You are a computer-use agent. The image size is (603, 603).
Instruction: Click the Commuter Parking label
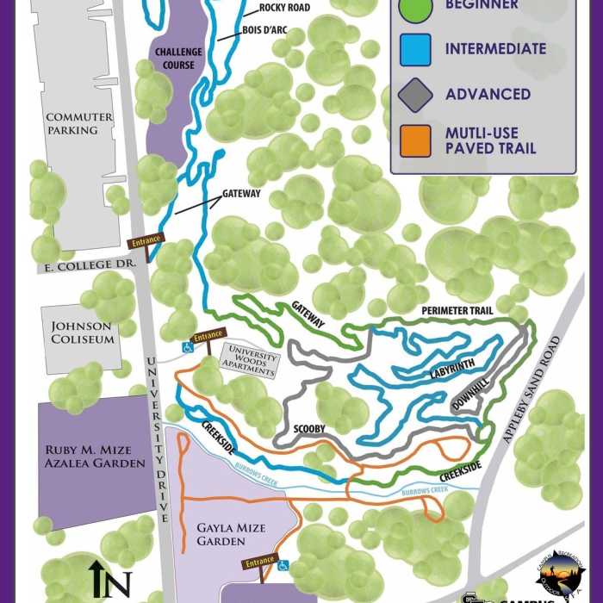[x=79, y=123]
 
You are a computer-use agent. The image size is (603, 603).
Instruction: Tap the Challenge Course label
[x=178, y=58]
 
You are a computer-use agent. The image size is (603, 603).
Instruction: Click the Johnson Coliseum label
[x=83, y=333]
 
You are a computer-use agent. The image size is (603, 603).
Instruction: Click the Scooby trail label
[x=308, y=428]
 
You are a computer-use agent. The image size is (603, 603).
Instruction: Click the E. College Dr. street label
[x=90, y=267]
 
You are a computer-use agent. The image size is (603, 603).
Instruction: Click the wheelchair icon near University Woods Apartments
[x=185, y=347]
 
